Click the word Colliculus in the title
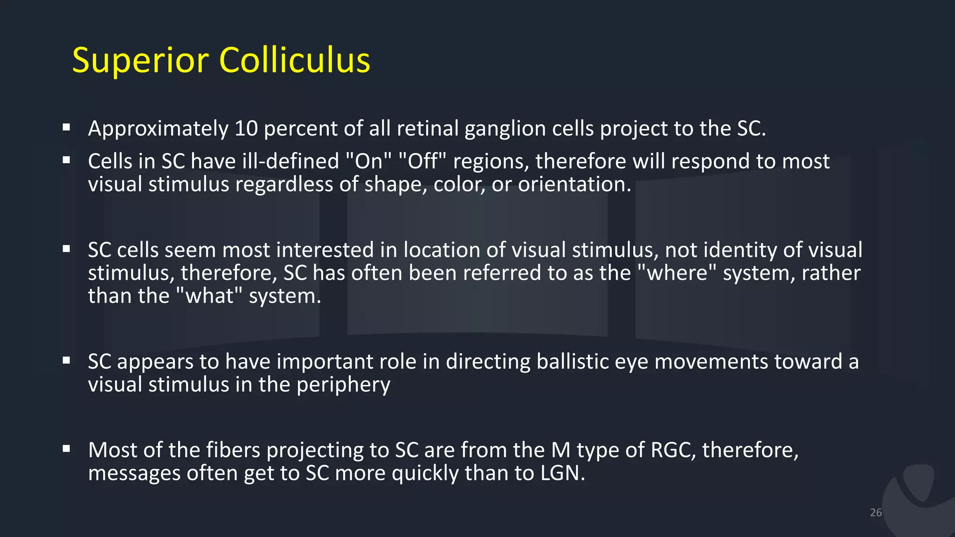(294, 61)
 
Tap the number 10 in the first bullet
(246, 129)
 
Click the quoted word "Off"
(423, 161)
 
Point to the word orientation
(574, 185)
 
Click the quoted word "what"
(210, 296)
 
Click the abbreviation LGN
(562, 474)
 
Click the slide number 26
(876, 513)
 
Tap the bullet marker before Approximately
(67, 127)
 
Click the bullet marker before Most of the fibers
(67, 448)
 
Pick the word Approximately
(158, 129)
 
